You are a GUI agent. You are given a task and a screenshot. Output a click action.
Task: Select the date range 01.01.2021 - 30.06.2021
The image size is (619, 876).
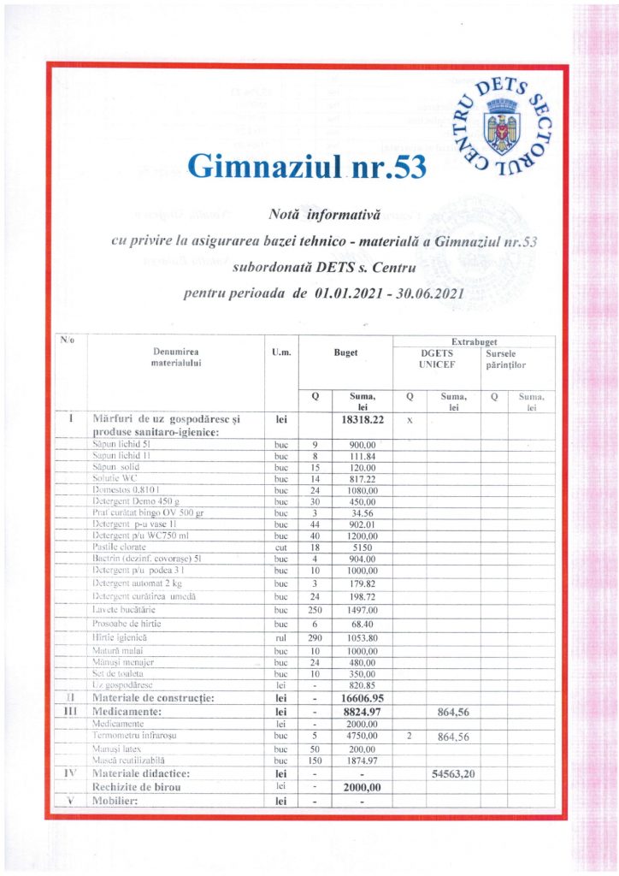point(388,293)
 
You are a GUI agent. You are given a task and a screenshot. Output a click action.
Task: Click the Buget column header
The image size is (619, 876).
point(345,352)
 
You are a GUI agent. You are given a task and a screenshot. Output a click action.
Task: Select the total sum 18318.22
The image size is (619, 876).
point(358,421)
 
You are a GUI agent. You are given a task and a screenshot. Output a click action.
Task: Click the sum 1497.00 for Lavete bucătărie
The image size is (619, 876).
point(358,610)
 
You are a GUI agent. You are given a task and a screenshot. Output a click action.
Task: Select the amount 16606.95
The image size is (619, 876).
point(358,698)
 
